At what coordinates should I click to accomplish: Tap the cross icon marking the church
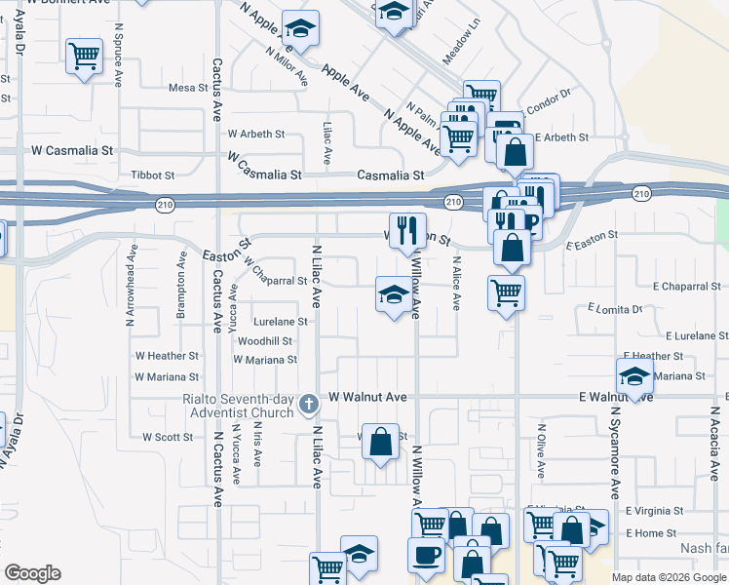[x=309, y=404]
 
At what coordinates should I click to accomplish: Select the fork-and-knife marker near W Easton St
[x=407, y=231]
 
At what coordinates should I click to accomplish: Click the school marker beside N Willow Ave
[x=393, y=293]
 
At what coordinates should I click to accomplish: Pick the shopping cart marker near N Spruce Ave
[x=85, y=56]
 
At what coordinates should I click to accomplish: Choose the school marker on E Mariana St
[x=634, y=375]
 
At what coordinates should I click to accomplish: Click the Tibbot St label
[x=152, y=175]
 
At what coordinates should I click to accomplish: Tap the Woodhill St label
[x=265, y=341]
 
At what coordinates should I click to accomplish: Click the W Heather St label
[x=167, y=357]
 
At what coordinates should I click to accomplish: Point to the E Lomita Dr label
[x=615, y=308]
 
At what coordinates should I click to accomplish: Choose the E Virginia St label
[x=655, y=510]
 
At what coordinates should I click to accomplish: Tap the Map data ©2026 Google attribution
[x=668, y=577]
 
